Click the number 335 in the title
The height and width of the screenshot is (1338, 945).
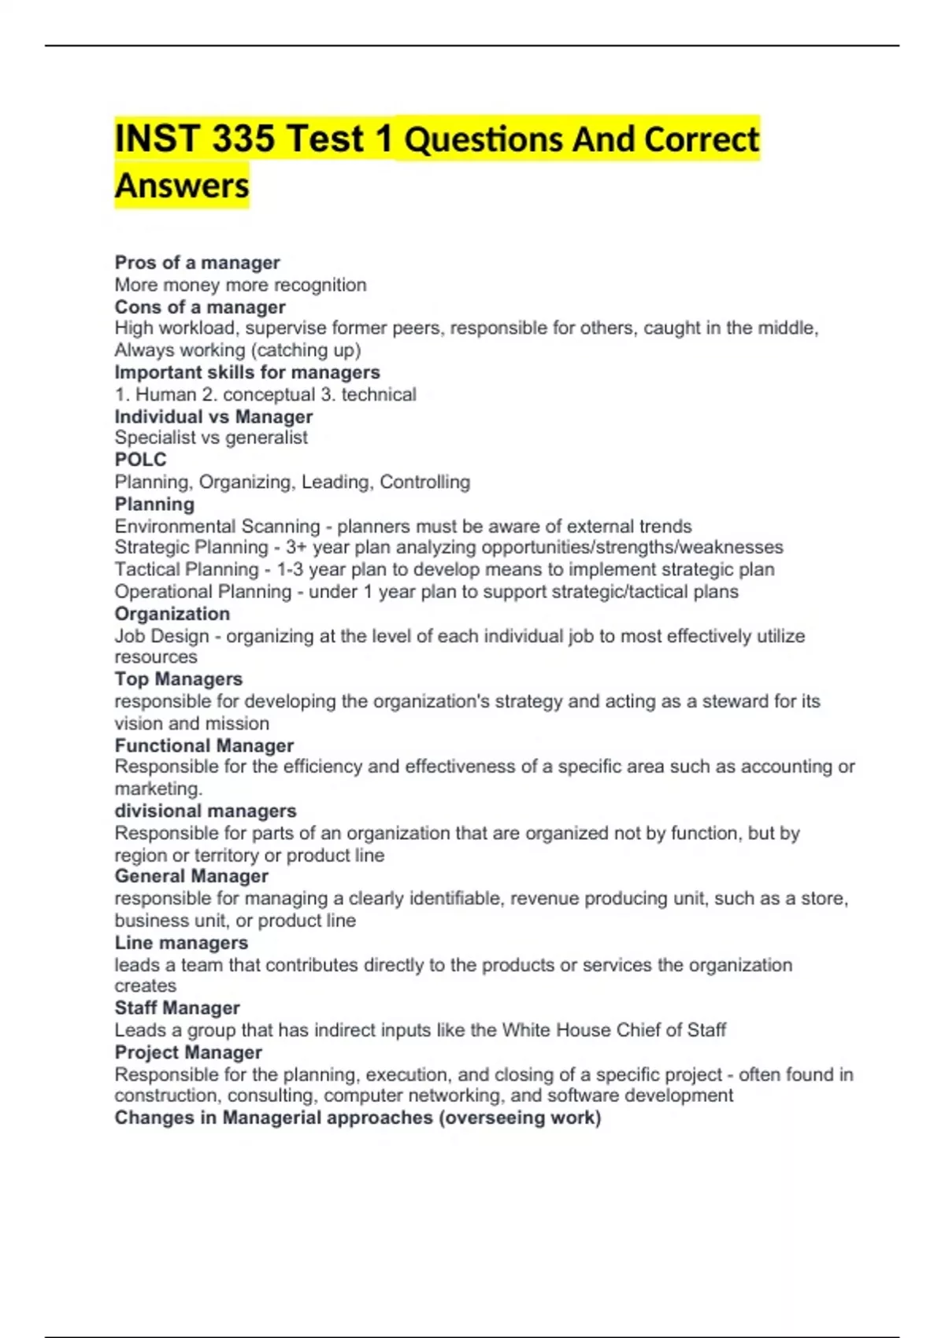243,139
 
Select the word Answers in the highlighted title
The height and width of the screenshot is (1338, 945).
182,187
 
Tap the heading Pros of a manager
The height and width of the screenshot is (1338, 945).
197,263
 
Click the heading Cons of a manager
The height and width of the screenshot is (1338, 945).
200,307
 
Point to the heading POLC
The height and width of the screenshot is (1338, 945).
140,460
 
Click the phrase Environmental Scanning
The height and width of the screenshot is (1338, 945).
217,526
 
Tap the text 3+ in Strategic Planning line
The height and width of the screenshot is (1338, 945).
296,547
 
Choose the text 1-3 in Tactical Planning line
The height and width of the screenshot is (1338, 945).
290,569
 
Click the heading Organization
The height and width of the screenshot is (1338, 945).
172,614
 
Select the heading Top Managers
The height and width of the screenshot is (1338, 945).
178,679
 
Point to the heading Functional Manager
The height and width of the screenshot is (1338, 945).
204,745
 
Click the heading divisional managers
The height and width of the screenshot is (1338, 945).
206,811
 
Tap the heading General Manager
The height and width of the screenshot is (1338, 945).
191,876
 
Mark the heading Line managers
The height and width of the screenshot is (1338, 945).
181,943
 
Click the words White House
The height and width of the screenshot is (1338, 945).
556,1030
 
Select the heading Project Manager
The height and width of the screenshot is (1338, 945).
188,1052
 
